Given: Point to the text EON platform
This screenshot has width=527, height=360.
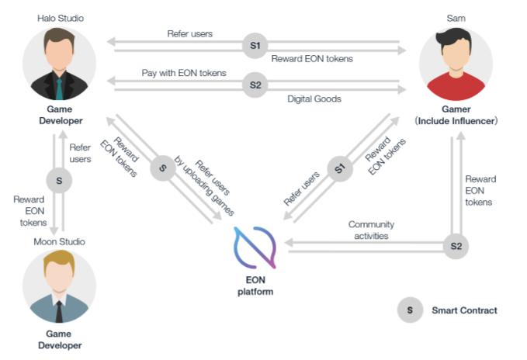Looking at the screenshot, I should (255, 286).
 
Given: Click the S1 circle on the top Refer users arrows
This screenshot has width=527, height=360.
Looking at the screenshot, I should (255, 46).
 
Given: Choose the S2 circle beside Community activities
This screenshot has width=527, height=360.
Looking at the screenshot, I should (456, 247).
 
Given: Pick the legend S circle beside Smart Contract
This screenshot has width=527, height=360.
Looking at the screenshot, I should (409, 310).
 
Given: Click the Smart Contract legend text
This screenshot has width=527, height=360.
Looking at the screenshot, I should (464, 310).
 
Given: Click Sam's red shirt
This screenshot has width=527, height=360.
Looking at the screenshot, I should (456, 88).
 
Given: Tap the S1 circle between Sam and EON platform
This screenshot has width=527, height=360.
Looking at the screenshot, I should (339, 168).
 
